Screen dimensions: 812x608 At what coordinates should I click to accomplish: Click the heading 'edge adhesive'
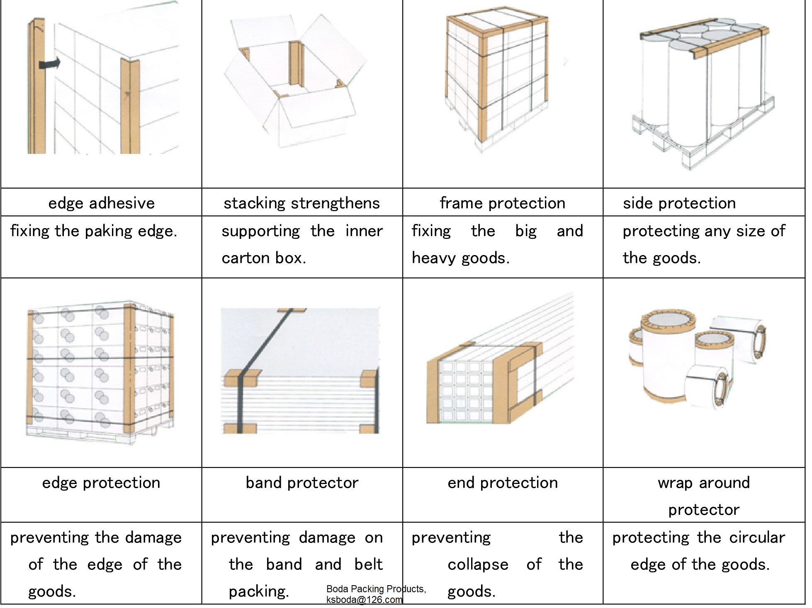point(102,203)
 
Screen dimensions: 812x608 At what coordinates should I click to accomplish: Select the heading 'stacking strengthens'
point(302,203)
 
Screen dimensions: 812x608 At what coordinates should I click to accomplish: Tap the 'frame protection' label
point(503,203)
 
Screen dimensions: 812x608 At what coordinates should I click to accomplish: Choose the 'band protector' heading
point(302,483)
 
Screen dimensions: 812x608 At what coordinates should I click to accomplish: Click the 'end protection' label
point(503,483)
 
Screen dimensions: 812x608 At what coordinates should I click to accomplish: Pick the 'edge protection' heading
point(101,483)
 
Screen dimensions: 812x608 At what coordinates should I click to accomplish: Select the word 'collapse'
point(478,564)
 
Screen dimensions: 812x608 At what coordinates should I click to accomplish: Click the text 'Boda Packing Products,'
point(376,589)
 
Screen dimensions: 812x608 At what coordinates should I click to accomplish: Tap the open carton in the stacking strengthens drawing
point(295,81)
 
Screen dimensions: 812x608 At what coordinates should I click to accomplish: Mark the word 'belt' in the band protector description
point(369,564)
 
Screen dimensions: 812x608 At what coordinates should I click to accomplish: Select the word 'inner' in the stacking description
point(364,231)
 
